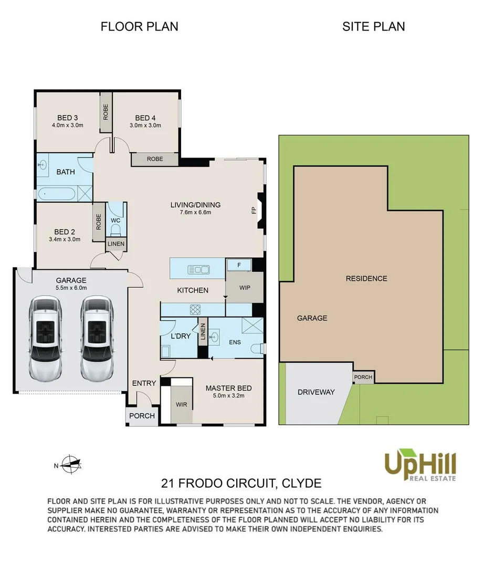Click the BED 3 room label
pos(67,118)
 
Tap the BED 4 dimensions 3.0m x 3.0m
pos(145,125)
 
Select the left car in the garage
pos(45,339)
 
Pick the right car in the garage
pos(97,339)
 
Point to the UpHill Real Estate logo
pos(420,465)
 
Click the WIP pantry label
pos(245,288)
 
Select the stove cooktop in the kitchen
pos(195,310)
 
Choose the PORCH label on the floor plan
pos(142,416)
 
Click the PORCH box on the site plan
pos(363,377)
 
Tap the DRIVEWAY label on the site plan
pos(316,392)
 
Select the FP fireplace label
pos(254,210)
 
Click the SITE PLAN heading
pos(373,26)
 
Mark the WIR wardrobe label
pos(182,404)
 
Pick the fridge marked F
pos(238,265)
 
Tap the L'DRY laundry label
pos(181,336)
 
